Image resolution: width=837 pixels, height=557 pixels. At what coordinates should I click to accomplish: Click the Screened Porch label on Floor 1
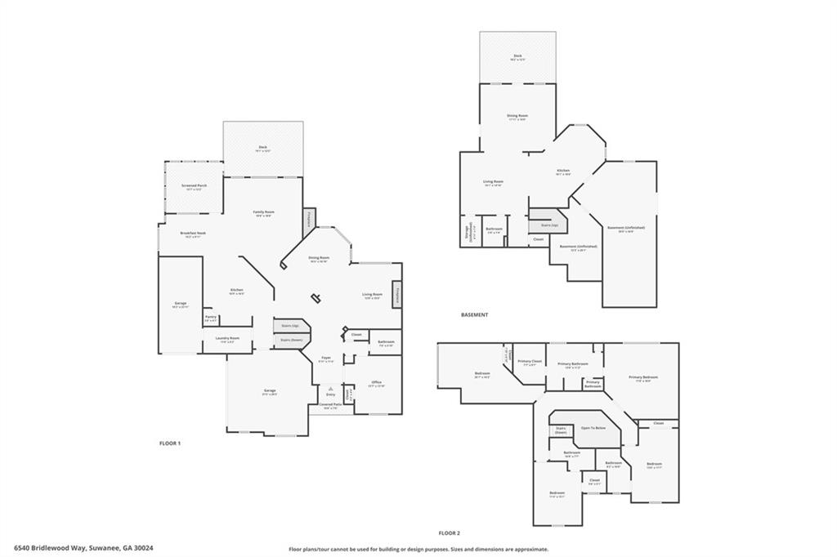click(194, 187)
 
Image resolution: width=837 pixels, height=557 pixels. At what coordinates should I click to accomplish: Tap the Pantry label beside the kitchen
click(210, 319)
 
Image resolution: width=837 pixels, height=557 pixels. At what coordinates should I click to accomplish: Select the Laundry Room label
click(228, 339)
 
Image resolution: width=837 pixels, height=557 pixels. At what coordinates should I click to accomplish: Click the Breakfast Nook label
click(193, 234)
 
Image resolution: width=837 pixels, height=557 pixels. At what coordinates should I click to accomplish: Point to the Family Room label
click(263, 213)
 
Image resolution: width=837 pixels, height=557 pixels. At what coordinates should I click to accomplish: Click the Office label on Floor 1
click(376, 383)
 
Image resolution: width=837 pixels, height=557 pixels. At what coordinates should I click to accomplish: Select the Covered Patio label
click(330, 406)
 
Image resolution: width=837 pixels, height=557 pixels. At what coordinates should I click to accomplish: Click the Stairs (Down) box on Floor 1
click(291, 340)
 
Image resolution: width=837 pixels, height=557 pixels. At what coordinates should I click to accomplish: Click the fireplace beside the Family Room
click(309, 220)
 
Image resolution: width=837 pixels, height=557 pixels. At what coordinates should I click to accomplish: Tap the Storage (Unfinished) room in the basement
click(467, 230)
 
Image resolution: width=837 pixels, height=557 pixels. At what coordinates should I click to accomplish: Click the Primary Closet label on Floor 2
click(530, 362)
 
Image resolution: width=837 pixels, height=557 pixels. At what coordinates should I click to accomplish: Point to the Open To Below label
click(593, 428)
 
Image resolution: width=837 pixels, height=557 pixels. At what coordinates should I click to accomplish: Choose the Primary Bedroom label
click(642, 378)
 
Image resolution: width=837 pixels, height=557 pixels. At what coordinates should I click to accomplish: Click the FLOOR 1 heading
click(169, 443)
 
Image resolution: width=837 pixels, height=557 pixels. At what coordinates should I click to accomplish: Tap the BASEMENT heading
click(474, 314)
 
